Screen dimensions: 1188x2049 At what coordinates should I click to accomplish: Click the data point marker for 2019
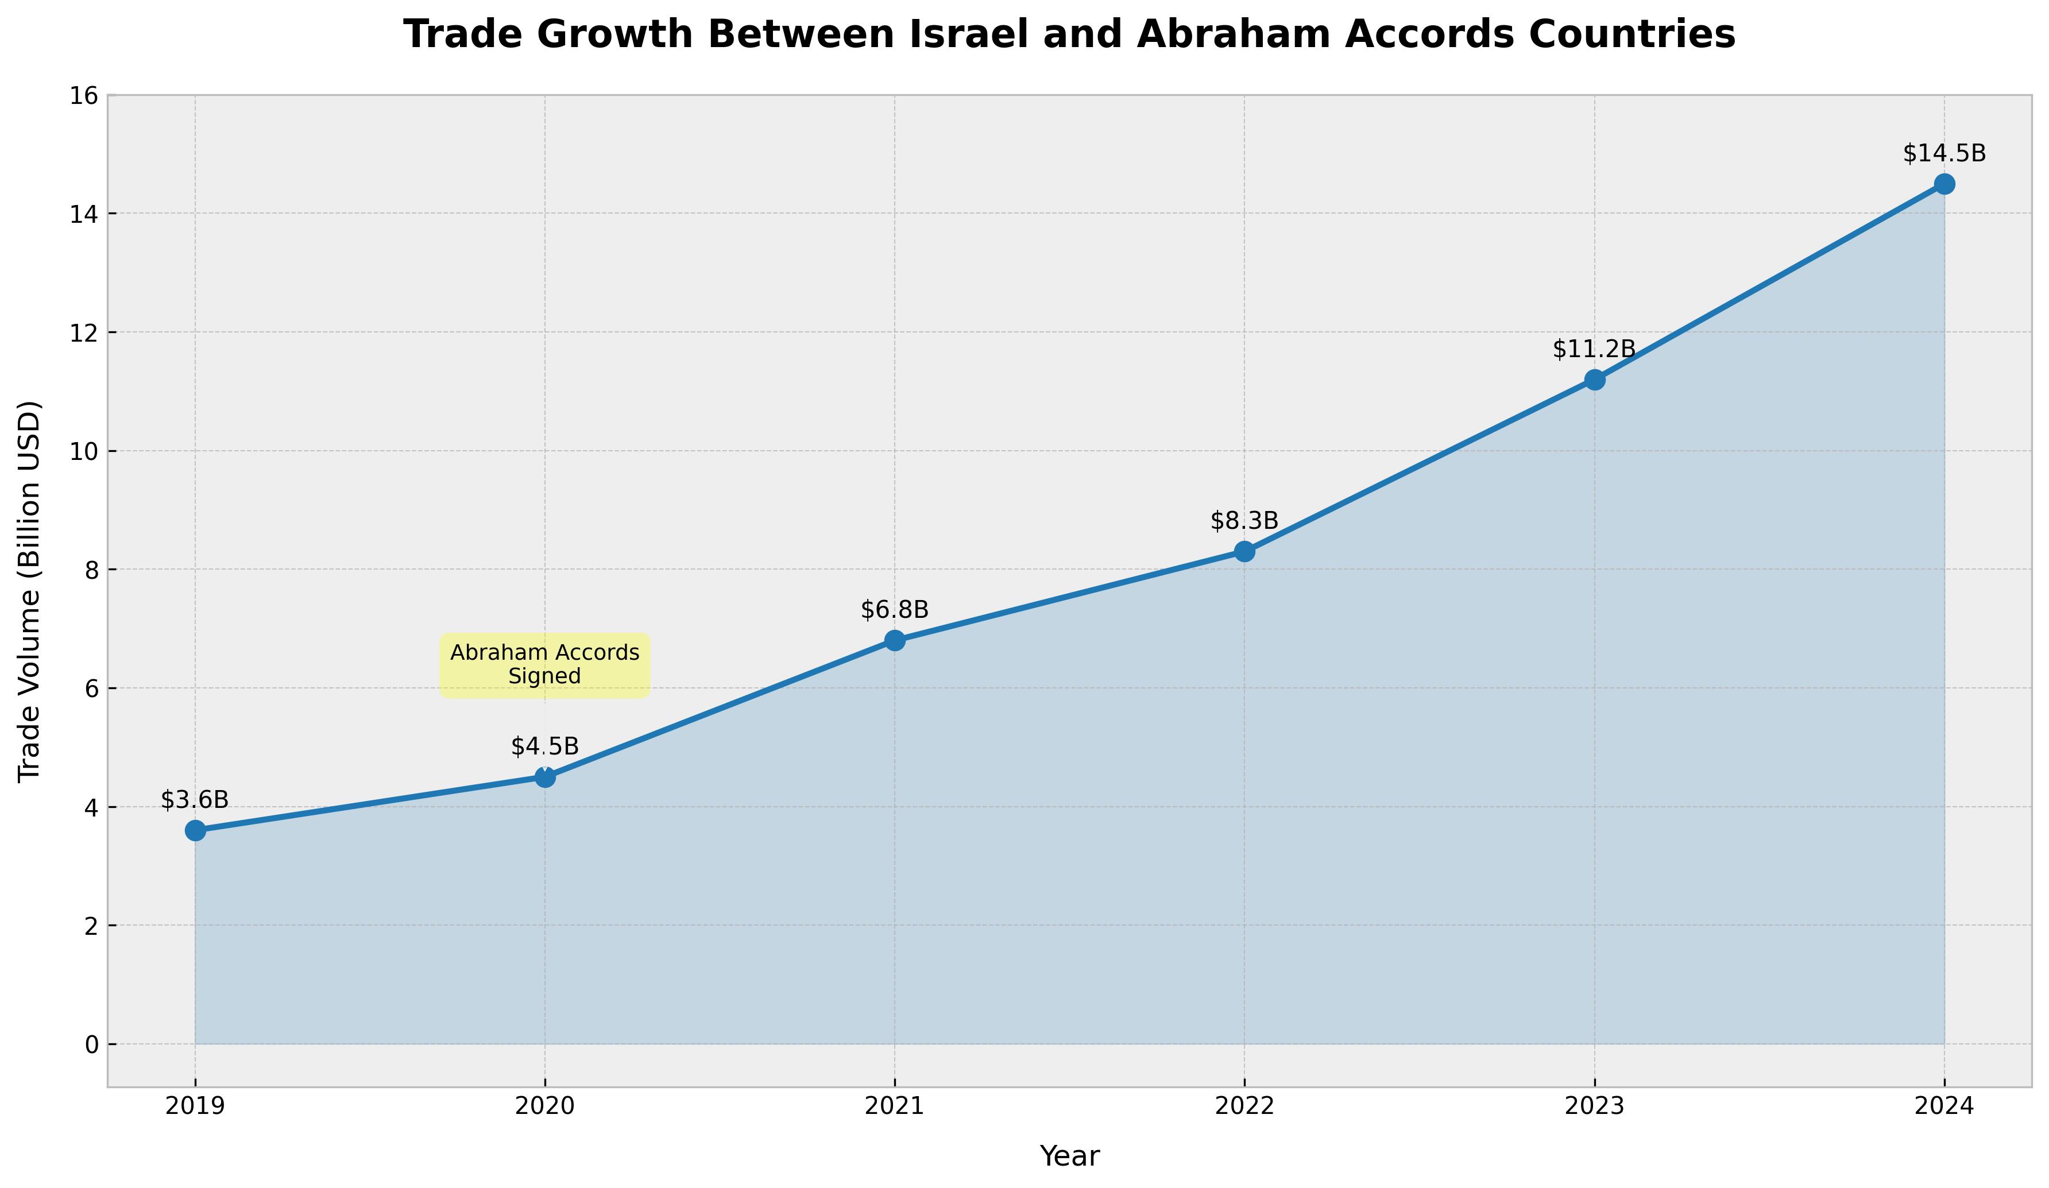pos(195,830)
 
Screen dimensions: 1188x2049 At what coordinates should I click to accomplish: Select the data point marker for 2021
pos(894,641)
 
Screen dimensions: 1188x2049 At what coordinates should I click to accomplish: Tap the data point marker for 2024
pos(1944,184)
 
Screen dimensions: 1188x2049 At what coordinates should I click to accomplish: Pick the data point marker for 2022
pos(1244,551)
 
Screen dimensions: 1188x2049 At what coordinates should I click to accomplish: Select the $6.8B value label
pos(894,609)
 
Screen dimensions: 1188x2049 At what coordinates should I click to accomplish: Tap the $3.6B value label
pos(195,800)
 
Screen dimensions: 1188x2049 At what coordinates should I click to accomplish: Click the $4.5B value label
pos(545,746)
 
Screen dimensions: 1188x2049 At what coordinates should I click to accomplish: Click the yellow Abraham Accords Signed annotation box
pos(545,665)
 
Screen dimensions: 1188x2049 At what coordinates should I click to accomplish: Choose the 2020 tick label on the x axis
pos(545,1106)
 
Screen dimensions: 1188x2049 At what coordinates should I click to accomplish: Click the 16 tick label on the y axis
pos(86,96)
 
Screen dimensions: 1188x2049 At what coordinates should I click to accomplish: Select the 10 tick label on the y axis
pos(86,451)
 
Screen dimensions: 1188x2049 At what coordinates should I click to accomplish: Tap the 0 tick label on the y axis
pos(91,1044)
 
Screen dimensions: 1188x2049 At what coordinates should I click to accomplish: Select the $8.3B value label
pos(1244,521)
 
